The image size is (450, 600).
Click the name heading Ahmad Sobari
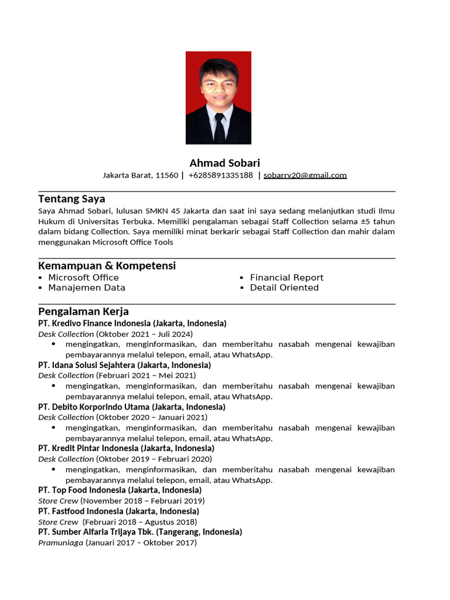(x=224, y=163)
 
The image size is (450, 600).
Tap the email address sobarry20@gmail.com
(x=305, y=175)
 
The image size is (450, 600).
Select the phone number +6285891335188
(x=220, y=175)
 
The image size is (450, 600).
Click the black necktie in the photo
(x=219, y=127)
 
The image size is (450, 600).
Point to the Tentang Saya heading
(x=71, y=199)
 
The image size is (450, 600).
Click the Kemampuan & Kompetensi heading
(x=107, y=265)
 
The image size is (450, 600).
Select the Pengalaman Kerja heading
(x=83, y=311)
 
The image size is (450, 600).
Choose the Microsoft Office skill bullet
(x=83, y=278)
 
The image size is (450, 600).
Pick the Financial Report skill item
(x=287, y=278)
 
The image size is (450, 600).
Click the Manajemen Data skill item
(x=87, y=288)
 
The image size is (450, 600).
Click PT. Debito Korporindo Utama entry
(x=94, y=407)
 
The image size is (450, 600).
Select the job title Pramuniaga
(x=61, y=543)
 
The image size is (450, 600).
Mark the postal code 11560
(x=167, y=175)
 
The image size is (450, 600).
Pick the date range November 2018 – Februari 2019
(x=143, y=501)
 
